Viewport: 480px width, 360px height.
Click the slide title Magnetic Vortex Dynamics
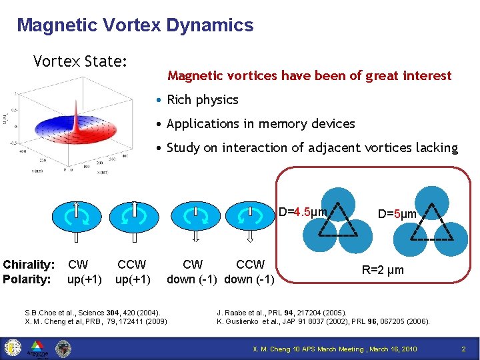tap(135, 25)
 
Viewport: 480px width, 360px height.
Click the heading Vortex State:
tap(80, 61)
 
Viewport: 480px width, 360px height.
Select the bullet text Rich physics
tap(202, 99)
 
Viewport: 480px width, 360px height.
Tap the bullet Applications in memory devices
tap(261, 123)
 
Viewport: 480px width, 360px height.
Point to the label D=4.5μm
tap(302, 212)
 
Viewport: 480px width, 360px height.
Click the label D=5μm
tap(397, 214)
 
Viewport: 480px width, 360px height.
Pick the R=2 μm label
tap(382, 271)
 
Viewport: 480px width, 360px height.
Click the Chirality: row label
tap(29, 265)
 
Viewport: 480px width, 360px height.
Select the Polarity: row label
tap(27, 279)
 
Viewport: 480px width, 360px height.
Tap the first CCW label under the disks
tap(131, 265)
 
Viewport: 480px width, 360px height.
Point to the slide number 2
tap(463, 349)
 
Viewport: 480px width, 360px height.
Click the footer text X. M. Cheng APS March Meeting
tap(334, 349)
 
